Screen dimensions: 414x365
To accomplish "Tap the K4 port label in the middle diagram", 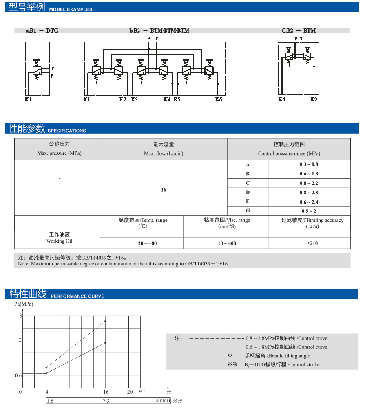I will pyautogui.click(x=167, y=99).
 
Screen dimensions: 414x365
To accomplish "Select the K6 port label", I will pyautogui.click(x=219, y=99).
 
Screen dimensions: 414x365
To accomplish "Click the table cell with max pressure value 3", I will pyautogui.click(x=60, y=179).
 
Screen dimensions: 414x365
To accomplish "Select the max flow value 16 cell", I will pyautogui.click(x=164, y=190).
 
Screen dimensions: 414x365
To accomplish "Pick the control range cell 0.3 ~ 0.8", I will pyautogui.click(x=309, y=164).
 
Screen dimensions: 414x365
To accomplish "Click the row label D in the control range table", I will pyautogui.click(x=248, y=193).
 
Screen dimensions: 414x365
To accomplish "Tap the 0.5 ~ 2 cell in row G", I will pyautogui.click(x=309, y=211).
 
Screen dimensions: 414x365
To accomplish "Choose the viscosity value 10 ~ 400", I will pyautogui.click(x=227, y=243).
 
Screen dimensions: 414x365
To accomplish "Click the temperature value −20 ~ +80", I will pyautogui.click(x=145, y=243).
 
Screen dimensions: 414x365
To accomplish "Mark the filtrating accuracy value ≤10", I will pyautogui.click(x=312, y=243).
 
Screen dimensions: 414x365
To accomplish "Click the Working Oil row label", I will pyautogui.click(x=59, y=238).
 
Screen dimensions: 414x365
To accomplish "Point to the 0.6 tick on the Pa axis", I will pyautogui.click(x=18, y=375).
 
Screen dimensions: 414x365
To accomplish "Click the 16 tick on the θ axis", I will pyautogui.click(x=106, y=392).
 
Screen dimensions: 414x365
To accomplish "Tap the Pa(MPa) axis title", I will pyautogui.click(x=24, y=304).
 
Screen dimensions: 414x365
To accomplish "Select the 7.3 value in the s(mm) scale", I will pyautogui.click(x=106, y=401).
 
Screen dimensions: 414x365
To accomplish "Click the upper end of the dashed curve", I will pyautogui.click(x=106, y=321).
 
